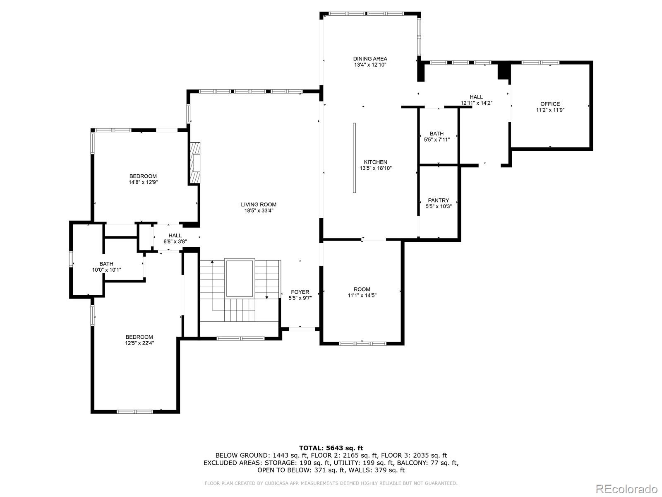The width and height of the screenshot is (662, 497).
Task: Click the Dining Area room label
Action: (x=370, y=59)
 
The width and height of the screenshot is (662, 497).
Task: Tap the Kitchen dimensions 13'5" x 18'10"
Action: (x=375, y=168)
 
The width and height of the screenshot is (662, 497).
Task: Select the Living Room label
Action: (x=259, y=204)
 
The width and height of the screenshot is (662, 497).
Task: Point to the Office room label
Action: (x=550, y=104)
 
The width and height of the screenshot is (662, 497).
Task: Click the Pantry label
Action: (x=438, y=200)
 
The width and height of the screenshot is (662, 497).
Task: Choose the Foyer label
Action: (x=300, y=292)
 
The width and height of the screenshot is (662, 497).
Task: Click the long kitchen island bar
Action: (x=355, y=158)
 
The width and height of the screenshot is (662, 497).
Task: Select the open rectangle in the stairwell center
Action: (x=239, y=278)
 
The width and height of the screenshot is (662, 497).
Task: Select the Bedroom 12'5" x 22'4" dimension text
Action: (x=139, y=343)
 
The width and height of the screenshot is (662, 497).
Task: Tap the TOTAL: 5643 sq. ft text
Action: (x=331, y=448)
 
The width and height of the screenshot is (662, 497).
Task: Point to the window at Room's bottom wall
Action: (x=362, y=343)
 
